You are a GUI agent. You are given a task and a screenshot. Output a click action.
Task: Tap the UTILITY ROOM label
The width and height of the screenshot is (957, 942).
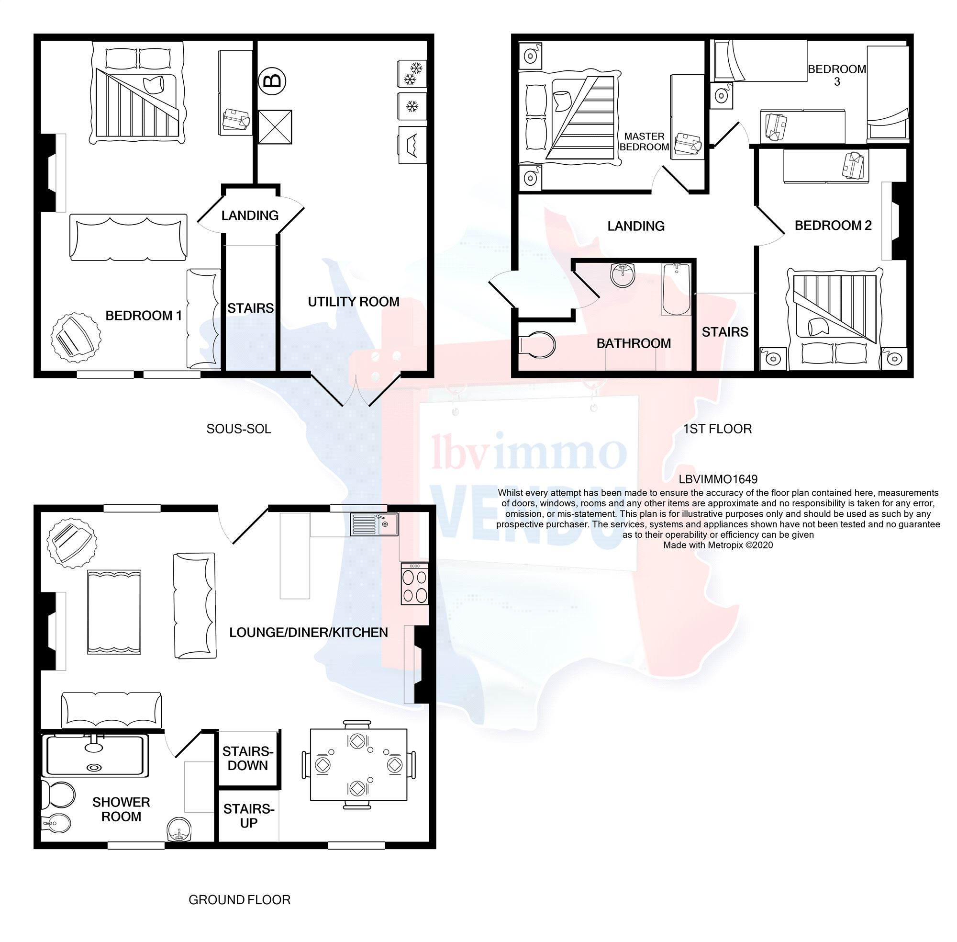tap(353, 302)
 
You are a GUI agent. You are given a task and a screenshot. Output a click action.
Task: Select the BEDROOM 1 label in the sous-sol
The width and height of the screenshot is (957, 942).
tap(144, 316)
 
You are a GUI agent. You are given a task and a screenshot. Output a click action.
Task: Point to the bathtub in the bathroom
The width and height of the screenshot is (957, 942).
tap(676, 289)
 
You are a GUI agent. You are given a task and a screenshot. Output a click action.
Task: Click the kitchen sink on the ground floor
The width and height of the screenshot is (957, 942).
tap(374, 524)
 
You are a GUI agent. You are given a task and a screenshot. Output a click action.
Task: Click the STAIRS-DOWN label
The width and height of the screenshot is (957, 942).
tap(248, 759)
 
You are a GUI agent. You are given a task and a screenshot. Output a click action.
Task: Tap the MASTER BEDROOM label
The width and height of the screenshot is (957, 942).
tap(644, 141)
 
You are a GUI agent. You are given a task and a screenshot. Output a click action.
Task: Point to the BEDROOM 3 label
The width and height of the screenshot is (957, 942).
tap(836, 75)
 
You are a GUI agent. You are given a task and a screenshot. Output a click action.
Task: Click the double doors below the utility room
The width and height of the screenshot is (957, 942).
tap(355, 389)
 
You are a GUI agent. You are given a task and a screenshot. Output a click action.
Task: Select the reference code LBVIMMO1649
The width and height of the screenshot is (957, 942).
tap(718, 479)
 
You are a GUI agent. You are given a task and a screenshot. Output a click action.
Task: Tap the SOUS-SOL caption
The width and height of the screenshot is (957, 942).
tap(239, 429)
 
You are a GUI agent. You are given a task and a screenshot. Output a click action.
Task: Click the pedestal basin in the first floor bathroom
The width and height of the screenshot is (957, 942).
tap(623, 274)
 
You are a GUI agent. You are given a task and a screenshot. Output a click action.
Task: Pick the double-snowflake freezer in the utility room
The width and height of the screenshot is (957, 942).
tap(412, 73)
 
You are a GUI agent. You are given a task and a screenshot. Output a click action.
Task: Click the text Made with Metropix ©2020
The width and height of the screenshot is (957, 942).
tap(718, 545)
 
